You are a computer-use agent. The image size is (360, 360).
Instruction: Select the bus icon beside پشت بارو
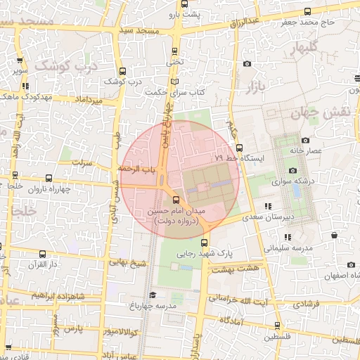183,14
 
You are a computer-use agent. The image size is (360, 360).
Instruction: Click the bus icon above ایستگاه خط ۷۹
239,148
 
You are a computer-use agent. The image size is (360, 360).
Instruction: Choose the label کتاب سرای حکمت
174,92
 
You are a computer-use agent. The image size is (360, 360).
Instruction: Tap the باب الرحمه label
138,169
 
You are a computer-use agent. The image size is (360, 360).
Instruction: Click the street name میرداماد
88,101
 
